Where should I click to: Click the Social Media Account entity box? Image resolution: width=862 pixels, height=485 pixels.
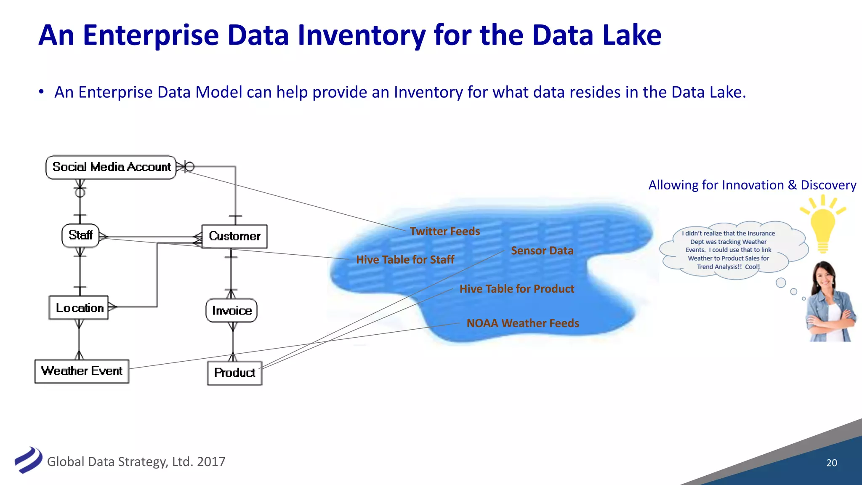(111, 167)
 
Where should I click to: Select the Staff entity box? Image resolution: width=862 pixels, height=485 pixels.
(80, 235)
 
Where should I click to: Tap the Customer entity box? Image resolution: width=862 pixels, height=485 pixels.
(234, 236)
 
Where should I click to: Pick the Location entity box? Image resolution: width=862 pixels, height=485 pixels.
(79, 308)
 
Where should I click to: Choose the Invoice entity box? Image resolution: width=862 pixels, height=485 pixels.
(231, 311)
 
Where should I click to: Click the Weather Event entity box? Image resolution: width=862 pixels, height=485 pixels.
(82, 371)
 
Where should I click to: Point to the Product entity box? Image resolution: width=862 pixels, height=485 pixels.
(234, 373)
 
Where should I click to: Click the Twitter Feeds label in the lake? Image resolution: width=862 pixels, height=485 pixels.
(445, 232)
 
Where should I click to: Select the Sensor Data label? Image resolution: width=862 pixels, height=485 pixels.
(542, 251)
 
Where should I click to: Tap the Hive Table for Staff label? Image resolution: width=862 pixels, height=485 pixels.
(405, 260)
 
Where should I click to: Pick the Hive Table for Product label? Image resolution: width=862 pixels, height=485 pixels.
(517, 289)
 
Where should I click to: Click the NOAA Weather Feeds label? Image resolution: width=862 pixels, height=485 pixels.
(523, 323)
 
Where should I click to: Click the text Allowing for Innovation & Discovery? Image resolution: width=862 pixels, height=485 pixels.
(752, 185)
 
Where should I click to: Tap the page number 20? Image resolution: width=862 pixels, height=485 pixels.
(831, 463)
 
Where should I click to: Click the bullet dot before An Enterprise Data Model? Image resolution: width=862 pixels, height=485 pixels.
(41, 92)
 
